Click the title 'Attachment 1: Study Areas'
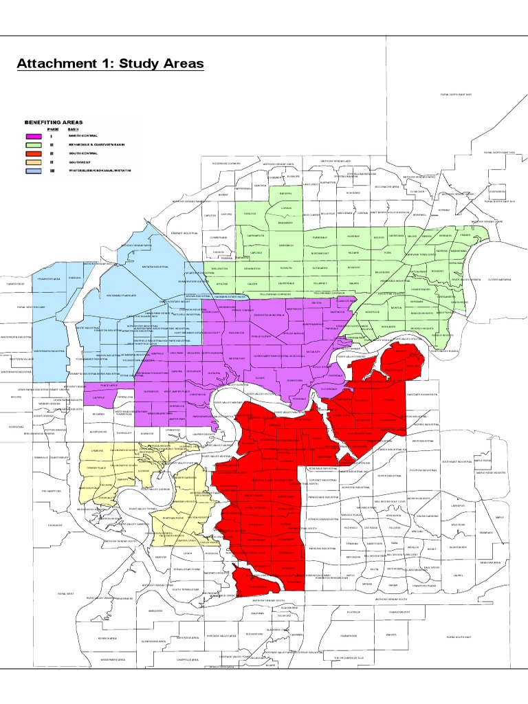point(110,64)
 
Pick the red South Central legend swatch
point(33,153)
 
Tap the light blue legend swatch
point(33,170)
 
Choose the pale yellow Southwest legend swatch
point(33,162)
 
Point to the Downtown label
point(294,380)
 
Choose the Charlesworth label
point(399,611)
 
